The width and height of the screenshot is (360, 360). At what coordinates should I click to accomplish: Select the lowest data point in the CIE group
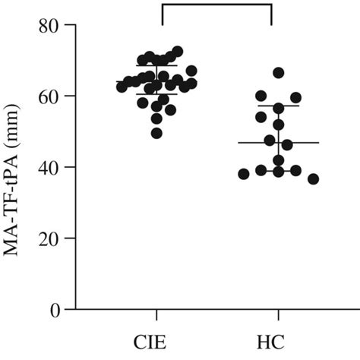coord(156,134)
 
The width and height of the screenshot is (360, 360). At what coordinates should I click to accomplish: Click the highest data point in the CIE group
coord(177,52)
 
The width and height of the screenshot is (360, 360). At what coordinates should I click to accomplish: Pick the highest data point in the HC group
coord(279,73)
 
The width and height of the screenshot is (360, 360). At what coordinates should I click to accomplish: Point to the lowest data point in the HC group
coord(313,179)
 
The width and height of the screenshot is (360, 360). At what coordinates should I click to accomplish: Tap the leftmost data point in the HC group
coord(244,174)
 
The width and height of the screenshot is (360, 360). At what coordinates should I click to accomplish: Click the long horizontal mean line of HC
coord(278,143)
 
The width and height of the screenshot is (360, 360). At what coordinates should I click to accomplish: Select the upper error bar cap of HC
coord(278,106)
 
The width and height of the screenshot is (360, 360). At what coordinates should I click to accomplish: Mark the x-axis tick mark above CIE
coord(157,314)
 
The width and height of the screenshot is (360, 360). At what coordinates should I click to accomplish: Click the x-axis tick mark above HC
coord(278,314)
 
